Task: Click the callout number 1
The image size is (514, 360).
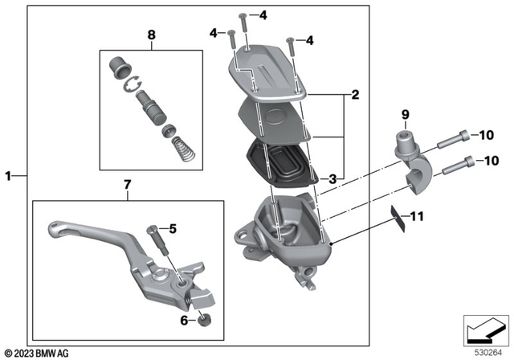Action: (x=8, y=174)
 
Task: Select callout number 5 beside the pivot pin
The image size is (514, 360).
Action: (x=172, y=227)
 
